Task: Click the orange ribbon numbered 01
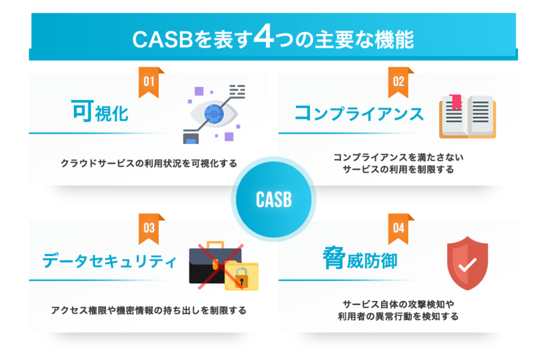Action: coord(149,82)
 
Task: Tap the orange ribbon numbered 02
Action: coord(398,82)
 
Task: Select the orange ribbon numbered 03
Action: coord(149,229)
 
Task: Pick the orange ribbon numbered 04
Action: coord(398,229)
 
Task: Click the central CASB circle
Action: coord(274,199)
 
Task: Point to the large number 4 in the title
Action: coord(264,37)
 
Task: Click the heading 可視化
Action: coord(100,111)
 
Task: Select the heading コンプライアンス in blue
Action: coord(359,113)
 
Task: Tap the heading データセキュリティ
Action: coord(109,261)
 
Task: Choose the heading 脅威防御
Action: coord(360,258)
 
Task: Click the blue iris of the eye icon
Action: coord(214,113)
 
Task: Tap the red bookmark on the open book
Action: coord(455,102)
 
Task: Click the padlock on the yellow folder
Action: coord(242,278)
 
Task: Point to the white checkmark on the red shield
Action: coord(468,265)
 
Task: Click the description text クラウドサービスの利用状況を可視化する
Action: coord(149,163)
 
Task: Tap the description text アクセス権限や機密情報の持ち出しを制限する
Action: coord(149,310)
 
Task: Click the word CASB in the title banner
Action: coord(162,39)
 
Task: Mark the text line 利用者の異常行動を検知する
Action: coord(398,317)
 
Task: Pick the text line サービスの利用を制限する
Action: coord(398,169)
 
